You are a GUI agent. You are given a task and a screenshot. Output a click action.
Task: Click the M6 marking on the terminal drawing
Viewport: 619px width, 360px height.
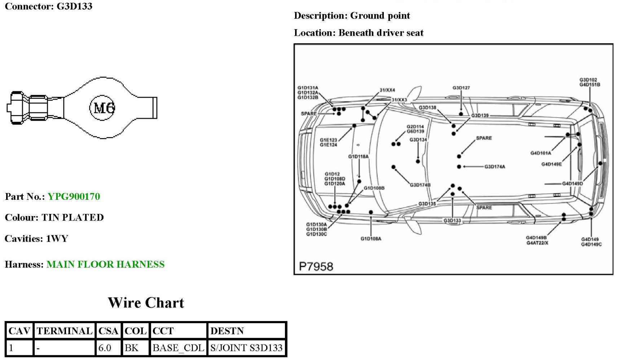(x=104, y=107)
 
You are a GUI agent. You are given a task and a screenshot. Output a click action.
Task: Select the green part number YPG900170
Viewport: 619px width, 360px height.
(x=74, y=197)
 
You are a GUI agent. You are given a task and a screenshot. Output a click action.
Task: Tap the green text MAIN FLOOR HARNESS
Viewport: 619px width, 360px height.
(x=105, y=264)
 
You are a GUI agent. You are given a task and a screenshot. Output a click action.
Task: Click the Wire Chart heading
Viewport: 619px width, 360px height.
(x=146, y=303)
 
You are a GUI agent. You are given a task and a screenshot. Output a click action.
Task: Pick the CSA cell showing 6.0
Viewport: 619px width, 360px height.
(x=105, y=348)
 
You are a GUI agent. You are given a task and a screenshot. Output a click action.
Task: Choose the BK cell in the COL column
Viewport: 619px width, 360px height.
(x=131, y=348)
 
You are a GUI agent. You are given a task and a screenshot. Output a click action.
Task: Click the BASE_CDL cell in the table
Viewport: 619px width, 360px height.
(x=178, y=348)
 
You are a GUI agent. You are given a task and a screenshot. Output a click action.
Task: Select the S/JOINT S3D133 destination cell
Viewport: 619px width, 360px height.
(x=246, y=348)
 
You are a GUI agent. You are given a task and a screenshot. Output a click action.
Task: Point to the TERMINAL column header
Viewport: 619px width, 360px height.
(x=65, y=331)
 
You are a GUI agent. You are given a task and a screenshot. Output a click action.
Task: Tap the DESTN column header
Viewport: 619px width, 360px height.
(x=227, y=331)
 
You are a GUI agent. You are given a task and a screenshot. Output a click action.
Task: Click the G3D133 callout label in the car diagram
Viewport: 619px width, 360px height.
(x=452, y=220)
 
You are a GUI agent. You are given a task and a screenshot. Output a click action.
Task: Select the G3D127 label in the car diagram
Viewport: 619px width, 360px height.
(x=461, y=88)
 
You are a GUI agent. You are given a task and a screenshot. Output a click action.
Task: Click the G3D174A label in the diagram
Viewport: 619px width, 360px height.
(x=495, y=167)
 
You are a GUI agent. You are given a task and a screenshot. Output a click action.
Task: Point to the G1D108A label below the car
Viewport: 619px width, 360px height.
(x=371, y=239)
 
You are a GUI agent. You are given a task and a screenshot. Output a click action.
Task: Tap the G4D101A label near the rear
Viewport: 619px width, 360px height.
(x=540, y=153)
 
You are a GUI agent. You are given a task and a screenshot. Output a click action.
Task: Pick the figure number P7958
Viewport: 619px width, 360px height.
(x=316, y=267)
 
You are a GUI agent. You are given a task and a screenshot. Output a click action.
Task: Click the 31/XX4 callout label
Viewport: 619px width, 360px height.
(x=387, y=90)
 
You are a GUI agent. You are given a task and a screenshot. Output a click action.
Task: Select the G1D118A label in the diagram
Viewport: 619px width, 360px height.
(x=358, y=157)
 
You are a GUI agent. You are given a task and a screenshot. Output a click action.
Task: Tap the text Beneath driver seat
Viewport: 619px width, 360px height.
(x=381, y=33)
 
